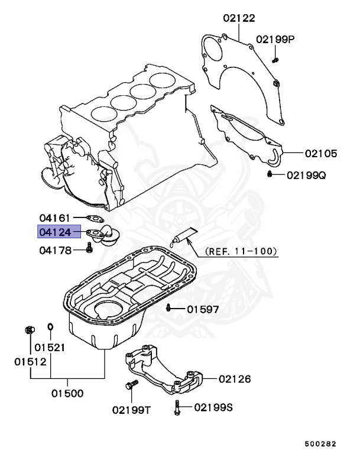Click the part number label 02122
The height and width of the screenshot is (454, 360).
click(x=239, y=18)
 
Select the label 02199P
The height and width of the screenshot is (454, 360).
click(x=275, y=40)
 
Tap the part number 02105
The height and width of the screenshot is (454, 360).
click(x=321, y=154)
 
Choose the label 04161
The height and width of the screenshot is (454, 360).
click(x=55, y=218)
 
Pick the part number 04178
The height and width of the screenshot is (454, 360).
click(x=55, y=251)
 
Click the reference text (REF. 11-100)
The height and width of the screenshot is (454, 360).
click(x=241, y=251)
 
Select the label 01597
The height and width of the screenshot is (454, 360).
click(x=203, y=309)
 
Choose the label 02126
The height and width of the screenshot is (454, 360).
click(x=235, y=379)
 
